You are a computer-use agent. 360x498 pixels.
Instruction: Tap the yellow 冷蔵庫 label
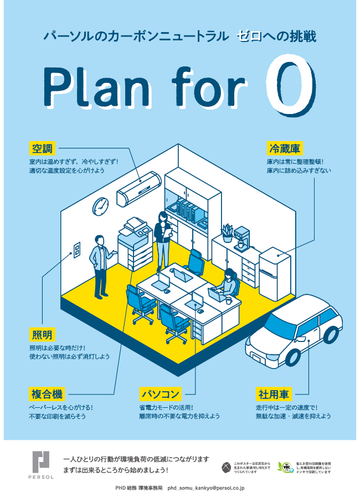coord(285,148)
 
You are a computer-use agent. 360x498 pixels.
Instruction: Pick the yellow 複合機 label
coord(47,394)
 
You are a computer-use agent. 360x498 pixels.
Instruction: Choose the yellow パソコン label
coord(160,394)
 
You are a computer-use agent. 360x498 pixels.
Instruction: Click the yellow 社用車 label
coord(274,394)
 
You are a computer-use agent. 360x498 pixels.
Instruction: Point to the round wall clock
coord(101,206)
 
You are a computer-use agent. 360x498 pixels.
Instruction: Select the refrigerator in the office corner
coord(275,273)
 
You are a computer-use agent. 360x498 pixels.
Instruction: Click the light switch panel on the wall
coord(77,249)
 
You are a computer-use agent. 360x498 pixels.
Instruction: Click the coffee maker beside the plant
coord(241,238)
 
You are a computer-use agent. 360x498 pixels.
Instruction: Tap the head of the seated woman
coord(229,273)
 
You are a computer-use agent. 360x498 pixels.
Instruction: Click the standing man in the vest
coord(100,266)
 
